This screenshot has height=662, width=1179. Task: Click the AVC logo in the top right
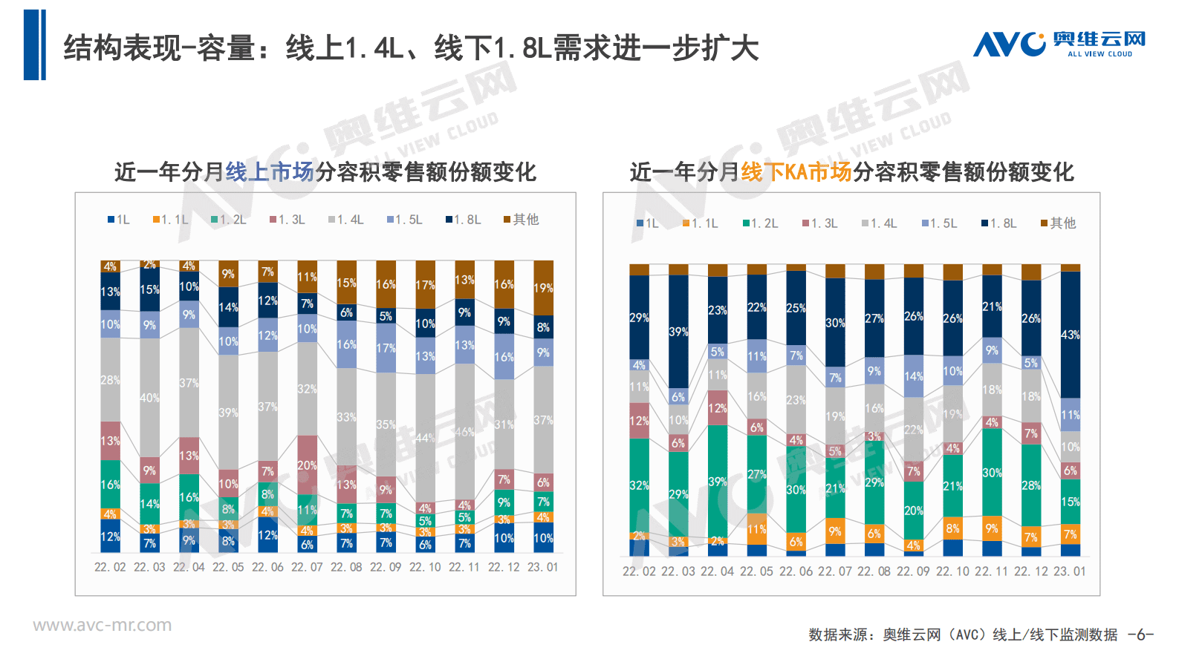[1059, 45]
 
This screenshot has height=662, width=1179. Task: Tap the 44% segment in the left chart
[425, 438]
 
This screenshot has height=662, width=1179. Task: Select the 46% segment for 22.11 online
[464, 432]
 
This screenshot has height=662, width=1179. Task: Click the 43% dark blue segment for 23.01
[1071, 335]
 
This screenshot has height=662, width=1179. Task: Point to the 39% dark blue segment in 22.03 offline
[678, 332]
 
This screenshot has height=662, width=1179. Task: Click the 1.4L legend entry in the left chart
[346, 220]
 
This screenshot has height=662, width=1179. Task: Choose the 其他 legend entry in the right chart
[1059, 223]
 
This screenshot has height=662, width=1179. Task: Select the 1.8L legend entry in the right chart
[999, 223]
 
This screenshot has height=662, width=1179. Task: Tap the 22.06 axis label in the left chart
[267, 567]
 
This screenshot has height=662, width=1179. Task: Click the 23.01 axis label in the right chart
[1070, 571]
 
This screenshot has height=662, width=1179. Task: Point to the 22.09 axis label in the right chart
[913, 571]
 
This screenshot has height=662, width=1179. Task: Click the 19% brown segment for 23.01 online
[543, 288]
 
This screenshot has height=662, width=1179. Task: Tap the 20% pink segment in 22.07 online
[307, 465]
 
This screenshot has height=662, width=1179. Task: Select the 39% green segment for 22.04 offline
[718, 482]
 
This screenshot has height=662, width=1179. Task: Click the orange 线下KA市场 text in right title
[796, 172]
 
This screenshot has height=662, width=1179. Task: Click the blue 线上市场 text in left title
[270, 172]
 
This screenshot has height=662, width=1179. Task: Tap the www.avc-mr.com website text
[102, 626]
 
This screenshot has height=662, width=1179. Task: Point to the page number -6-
[1140, 635]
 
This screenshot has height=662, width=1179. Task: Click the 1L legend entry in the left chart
[119, 220]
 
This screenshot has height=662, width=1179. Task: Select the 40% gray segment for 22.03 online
[149, 398]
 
